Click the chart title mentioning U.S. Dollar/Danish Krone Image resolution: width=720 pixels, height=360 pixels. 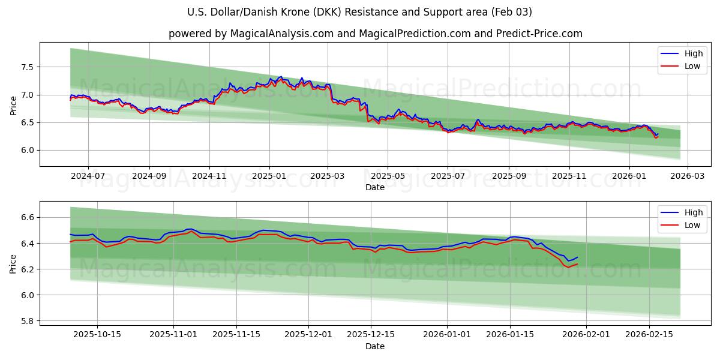[360, 12]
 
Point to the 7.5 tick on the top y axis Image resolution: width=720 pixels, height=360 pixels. [28, 67]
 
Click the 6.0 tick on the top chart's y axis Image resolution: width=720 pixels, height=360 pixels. [28, 151]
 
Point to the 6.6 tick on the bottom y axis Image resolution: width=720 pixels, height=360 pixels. [28, 217]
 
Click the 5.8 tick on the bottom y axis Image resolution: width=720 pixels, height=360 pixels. [28, 321]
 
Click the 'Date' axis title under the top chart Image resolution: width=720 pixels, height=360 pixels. [375, 188]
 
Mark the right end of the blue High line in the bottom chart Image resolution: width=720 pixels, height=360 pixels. [577, 257]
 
